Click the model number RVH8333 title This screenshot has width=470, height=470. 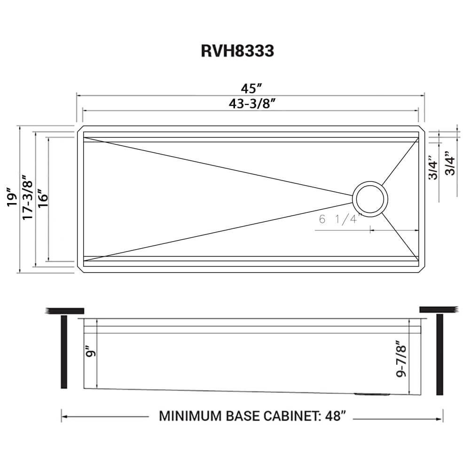237,50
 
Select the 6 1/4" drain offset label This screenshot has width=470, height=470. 339,219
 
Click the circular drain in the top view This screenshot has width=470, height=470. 370,198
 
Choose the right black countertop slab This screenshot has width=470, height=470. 438,309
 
